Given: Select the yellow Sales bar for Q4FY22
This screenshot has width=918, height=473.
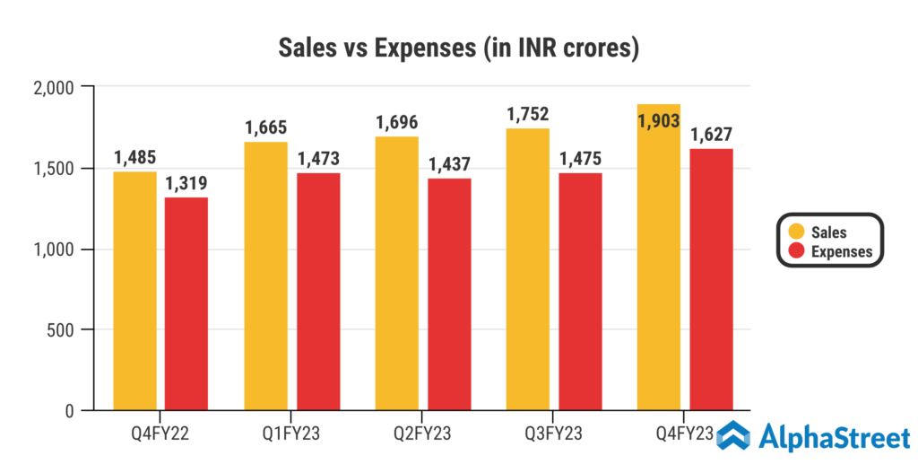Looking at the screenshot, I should click(x=134, y=291).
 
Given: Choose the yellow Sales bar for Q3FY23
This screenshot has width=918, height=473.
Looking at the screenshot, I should click(x=528, y=269).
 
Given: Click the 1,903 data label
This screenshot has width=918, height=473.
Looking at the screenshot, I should click(x=660, y=121).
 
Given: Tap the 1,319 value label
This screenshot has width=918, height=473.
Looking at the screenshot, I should click(x=186, y=183).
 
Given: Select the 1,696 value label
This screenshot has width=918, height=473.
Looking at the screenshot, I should click(x=397, y=122).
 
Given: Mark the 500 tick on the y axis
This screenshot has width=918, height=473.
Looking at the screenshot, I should click(x=65, y=330).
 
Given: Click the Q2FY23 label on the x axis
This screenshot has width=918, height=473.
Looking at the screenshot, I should click(x=423, y=435).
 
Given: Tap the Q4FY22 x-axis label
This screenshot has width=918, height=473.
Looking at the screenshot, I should click(x=160, y=435).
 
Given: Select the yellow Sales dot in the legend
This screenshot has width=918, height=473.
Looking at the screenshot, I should click(x=793, y=232).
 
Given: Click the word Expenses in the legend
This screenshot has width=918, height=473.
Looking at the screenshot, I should click(x=842, y=252).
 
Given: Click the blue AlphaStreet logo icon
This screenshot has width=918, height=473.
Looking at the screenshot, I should click(x=734, y=436).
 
